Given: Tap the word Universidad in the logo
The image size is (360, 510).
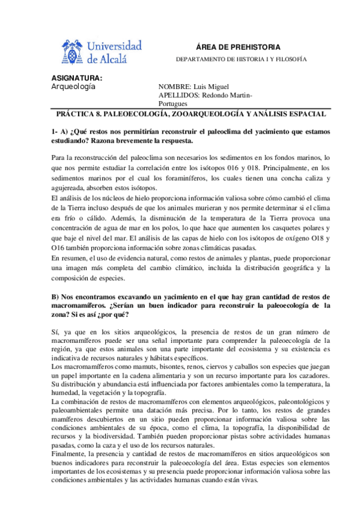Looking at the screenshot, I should (114, 46).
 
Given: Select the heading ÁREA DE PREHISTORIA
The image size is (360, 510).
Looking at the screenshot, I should (239, 47).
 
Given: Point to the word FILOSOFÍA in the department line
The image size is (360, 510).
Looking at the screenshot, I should (291, 60).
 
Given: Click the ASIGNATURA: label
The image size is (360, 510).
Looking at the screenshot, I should (76, 78).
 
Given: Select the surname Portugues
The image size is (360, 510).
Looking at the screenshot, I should (173, 103).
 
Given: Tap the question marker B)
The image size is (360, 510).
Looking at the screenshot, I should (56, 297).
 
